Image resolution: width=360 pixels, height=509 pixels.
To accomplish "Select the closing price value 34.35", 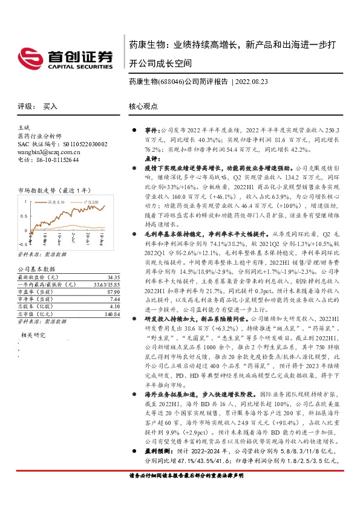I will point(113,277).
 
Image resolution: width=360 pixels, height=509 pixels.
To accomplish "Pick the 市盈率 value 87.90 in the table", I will point(113,291).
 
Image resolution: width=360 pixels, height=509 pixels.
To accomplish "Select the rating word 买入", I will point(50,106).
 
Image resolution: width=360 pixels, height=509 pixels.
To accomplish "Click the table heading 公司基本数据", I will point(37,268).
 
